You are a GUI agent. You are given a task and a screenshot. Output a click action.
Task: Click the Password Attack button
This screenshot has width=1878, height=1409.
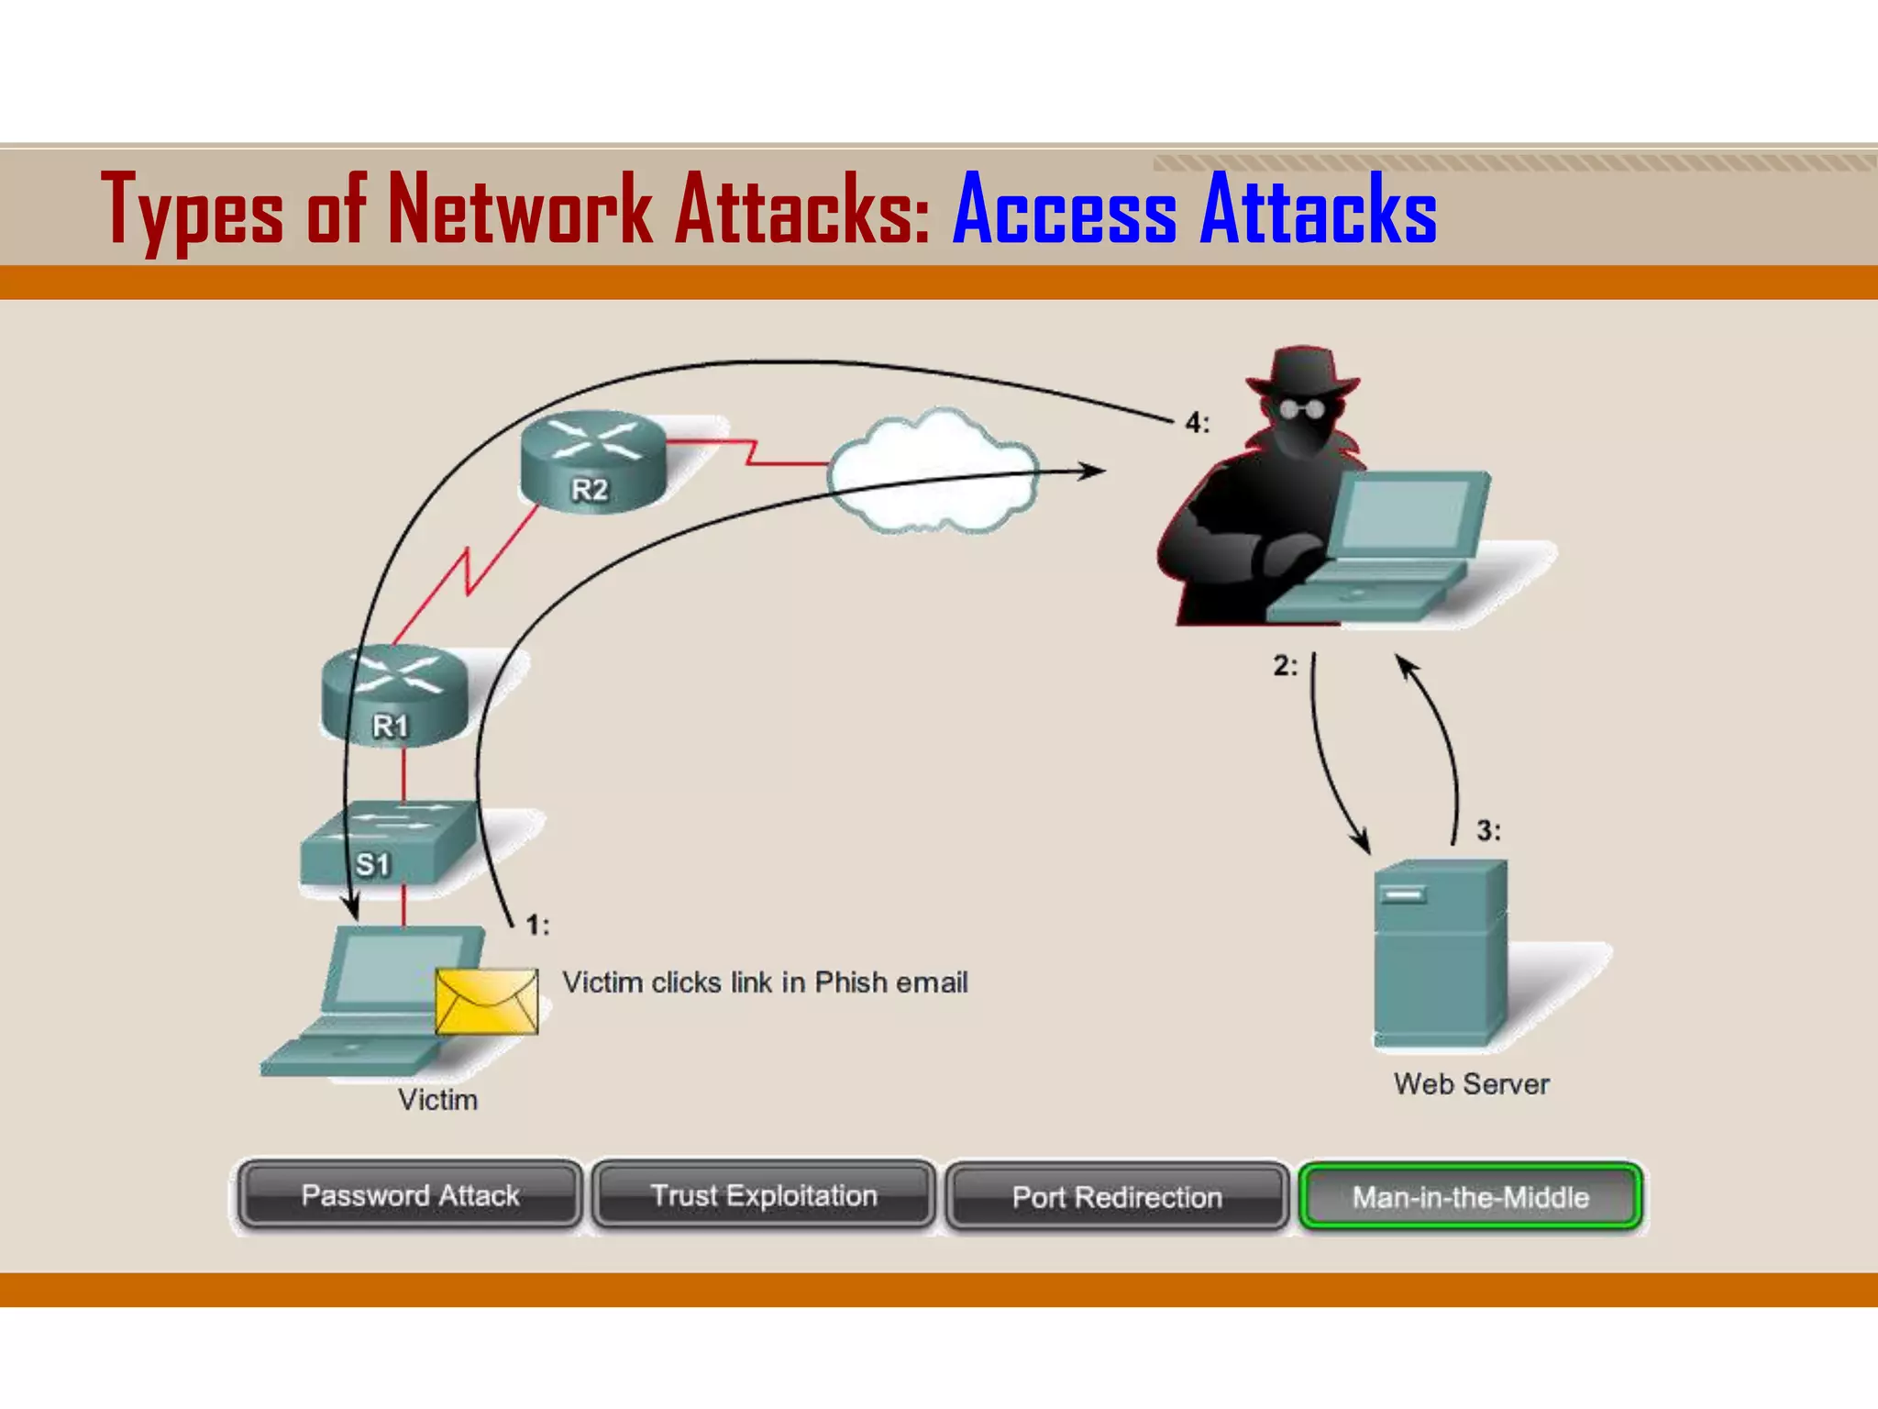click(x=410, y=1195)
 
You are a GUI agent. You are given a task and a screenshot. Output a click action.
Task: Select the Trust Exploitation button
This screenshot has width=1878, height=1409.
click(x=764, y=1195)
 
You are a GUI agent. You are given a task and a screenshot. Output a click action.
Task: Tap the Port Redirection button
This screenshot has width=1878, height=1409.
click(x=1117, y=1196)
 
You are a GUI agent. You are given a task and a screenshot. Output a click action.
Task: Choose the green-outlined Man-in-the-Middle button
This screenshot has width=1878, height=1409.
click(x=1470, y=1196)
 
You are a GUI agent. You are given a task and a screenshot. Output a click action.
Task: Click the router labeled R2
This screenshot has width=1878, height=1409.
click(x=592, y=460)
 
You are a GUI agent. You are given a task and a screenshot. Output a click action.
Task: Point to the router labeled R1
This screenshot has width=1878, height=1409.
click(x=394, y=695)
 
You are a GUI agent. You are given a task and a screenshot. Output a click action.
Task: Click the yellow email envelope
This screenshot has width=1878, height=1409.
click(x=487, y=1001)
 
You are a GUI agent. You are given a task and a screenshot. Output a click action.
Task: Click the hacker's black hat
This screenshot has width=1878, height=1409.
click(x=1302, y=372)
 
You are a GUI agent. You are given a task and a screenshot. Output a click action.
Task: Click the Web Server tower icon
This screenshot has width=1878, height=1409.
click(x=1440, y=954)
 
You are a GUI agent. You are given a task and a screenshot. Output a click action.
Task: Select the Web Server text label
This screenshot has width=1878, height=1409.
click(x=1471, y=1084)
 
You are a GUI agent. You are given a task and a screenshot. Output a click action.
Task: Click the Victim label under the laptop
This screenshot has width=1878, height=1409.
click(x=437, y=1100)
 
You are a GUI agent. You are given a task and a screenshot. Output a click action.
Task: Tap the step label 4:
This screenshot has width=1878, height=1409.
click(x=1197, y=423)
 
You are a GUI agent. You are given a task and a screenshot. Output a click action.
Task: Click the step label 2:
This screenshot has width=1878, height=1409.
click(x=1285, y=666)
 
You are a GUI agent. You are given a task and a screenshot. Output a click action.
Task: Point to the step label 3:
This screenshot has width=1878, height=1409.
click(x=1488, y=831)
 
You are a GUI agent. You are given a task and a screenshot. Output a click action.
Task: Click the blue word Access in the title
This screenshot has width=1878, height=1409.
click(x=1065, y=211)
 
